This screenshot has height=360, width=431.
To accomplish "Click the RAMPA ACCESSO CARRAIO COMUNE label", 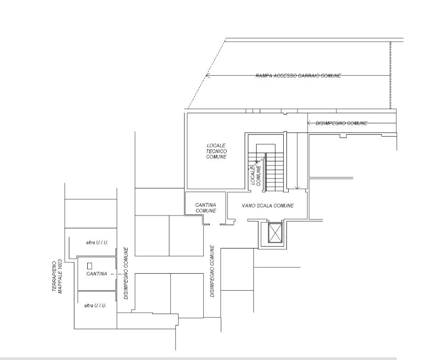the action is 298,76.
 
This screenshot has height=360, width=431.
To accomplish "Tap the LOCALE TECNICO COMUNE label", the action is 216,151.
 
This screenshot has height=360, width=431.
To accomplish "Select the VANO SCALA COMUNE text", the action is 268,205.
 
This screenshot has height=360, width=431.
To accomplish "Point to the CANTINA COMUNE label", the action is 206,208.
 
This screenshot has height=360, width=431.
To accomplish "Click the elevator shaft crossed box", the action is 275,233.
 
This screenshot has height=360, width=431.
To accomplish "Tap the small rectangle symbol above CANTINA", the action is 90,266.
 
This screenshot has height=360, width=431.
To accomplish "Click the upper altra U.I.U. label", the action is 97,243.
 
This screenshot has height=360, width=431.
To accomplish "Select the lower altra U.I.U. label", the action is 95,305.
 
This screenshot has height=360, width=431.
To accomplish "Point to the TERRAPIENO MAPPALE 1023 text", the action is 57,277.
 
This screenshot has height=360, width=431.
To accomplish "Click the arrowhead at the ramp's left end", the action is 207,75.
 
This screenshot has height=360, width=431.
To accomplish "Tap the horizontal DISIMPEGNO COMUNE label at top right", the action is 341,123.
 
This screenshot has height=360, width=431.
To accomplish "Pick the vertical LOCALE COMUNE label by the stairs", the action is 255,175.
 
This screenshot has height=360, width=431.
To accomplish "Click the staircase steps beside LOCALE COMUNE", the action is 274,172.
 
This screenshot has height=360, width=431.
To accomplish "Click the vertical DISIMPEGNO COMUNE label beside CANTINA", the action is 126,273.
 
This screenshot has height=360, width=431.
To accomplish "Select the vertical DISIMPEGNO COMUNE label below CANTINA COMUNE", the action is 212,271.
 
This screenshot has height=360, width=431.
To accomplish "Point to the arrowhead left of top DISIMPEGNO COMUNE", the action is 309,123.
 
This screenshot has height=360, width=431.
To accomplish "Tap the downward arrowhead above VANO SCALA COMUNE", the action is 297,188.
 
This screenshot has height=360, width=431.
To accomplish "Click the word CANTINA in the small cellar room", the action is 97,274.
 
